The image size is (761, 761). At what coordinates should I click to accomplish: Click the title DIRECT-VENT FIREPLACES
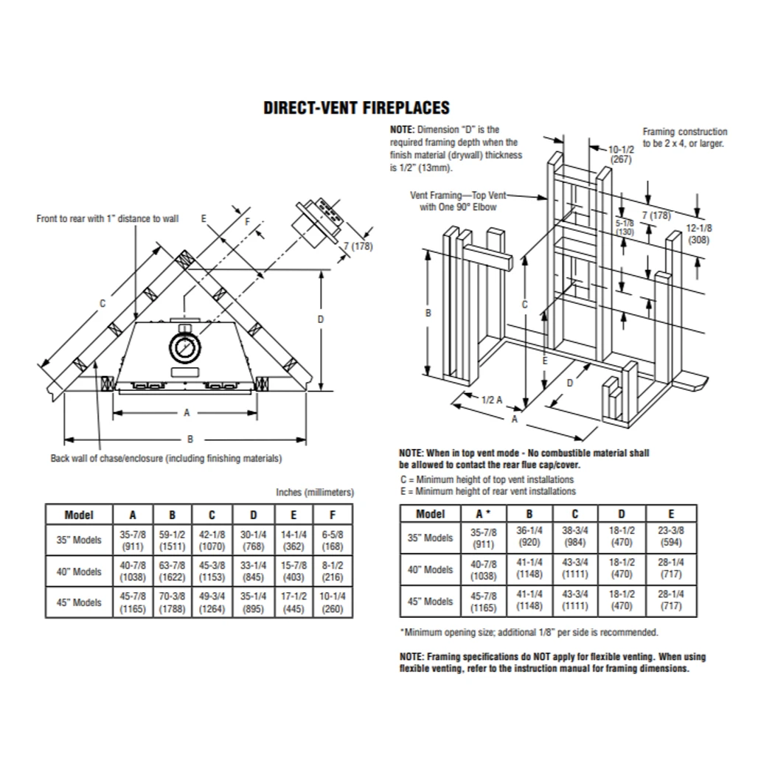[356, 108]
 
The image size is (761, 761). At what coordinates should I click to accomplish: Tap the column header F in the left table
[333, 514]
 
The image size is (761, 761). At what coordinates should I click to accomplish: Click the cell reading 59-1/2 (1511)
[172, 540]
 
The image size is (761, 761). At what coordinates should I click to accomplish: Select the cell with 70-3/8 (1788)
[172, 602]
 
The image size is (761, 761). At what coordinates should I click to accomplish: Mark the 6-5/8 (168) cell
[333, 540]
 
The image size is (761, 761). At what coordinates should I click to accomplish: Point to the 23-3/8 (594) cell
[670, 538]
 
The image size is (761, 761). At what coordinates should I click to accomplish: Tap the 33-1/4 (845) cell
[252, 571]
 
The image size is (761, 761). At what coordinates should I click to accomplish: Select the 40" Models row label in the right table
[430, 570]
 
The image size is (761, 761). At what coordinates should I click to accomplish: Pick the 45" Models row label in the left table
[79, 602]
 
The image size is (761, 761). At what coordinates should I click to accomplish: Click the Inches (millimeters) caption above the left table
[315, 492]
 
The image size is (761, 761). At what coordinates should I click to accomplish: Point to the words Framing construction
[684, 132]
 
